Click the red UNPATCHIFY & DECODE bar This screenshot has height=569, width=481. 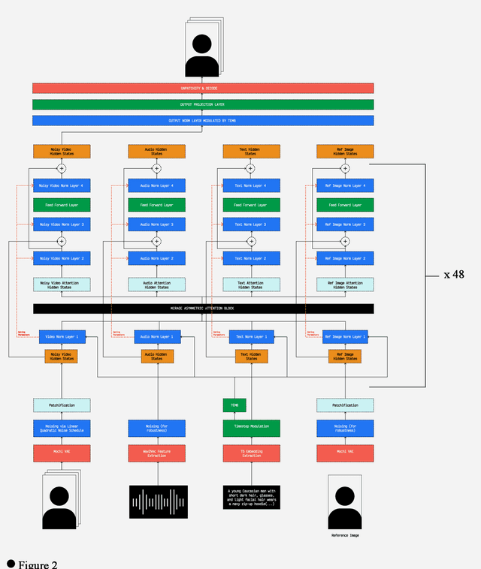203,88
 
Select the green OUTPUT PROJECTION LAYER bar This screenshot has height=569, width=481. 203,104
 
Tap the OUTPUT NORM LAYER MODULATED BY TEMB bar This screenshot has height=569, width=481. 203,120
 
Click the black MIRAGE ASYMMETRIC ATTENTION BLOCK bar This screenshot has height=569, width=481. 203,309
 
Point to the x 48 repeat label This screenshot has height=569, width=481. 454,275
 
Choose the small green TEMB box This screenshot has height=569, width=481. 234,405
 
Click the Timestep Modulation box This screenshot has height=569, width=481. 251,429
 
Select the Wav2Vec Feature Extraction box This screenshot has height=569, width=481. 156,453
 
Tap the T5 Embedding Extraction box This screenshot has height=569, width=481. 251,453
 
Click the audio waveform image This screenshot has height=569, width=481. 159,501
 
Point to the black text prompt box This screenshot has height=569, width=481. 251,497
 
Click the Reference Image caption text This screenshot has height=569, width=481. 345,535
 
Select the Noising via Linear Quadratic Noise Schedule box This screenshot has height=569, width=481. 62,429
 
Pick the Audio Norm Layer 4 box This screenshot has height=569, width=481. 156,185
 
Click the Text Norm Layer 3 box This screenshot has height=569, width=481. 251,224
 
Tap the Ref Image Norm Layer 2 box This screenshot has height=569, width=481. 345,258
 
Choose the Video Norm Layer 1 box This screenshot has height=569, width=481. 62,336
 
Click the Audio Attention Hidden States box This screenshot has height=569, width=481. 156,284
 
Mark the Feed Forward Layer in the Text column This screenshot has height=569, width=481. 251,204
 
